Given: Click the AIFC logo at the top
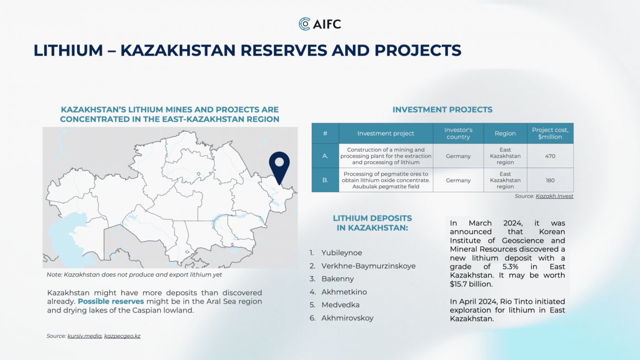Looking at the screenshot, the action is pyautogui.click(x=320, y=24).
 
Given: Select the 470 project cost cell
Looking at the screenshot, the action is pyautogui.click(x=550, y=156).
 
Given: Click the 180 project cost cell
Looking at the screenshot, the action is pyautogui.click(x=550, y=180).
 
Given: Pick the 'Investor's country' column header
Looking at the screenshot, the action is pyautogui.click(x=458, y=133).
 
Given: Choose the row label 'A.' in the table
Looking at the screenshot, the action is pyautogui.click(x=325, y=156).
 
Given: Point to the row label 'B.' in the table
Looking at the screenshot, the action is pyautogui.click(x=325, y=180).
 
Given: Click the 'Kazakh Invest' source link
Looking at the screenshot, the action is pyautogui.click(x=554, y=196).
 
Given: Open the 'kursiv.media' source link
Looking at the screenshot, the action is pyautogui.click(x=84, y=336).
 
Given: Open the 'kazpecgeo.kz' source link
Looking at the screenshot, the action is pyautogui.click(x=122, y=336).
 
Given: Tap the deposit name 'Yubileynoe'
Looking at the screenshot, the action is pyautogui.click(x=342, y=253).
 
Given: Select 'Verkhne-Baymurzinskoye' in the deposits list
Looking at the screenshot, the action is pyautogui.click(x=368, y=266).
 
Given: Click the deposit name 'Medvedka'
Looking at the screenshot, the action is pyautogui.click(x=340, y=305).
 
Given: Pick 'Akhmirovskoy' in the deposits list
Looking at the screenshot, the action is pyautogui.click(x=348, y=318).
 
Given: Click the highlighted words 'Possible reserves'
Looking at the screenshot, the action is pyautogui.click(x=111, y=301).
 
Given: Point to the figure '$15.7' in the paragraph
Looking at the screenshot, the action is pyautogui.click(x=460, y=284).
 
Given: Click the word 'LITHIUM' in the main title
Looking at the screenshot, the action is pyautogui.click(x=68, y=50).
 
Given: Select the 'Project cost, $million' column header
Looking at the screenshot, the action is pyautogui.click(x=550, y=133).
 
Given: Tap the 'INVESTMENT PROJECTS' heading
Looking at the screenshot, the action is pyautogui.click(x=442, y=110).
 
